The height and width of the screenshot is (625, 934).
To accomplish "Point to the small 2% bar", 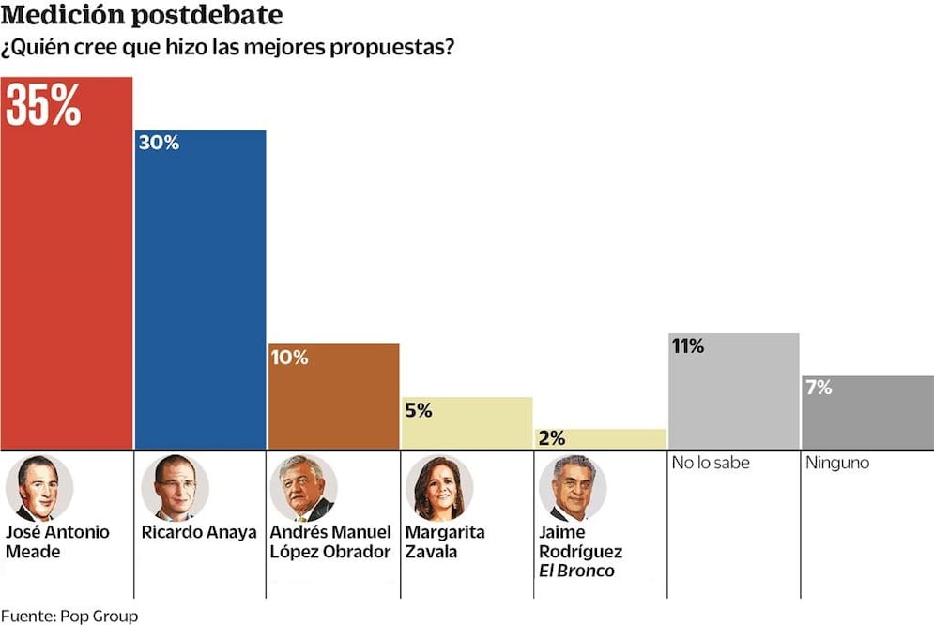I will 600,438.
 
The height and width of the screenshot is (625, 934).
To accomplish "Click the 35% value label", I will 43,106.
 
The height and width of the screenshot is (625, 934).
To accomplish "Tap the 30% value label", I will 159,144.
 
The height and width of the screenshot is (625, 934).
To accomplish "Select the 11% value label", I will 687,346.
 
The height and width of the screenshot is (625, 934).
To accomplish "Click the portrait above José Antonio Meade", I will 38,488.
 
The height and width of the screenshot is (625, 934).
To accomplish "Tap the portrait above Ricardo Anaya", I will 175,488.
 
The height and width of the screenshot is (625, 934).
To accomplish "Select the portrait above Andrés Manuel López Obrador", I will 303,488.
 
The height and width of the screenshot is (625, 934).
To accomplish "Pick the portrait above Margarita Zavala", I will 438,488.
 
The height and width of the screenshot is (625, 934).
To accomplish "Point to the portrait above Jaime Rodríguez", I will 572,488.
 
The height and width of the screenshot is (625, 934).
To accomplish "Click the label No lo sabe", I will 711,463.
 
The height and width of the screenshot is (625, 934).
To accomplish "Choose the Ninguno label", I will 838,463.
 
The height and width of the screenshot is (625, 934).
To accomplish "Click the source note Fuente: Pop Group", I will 69,616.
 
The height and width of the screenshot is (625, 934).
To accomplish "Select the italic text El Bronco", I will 576,571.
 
